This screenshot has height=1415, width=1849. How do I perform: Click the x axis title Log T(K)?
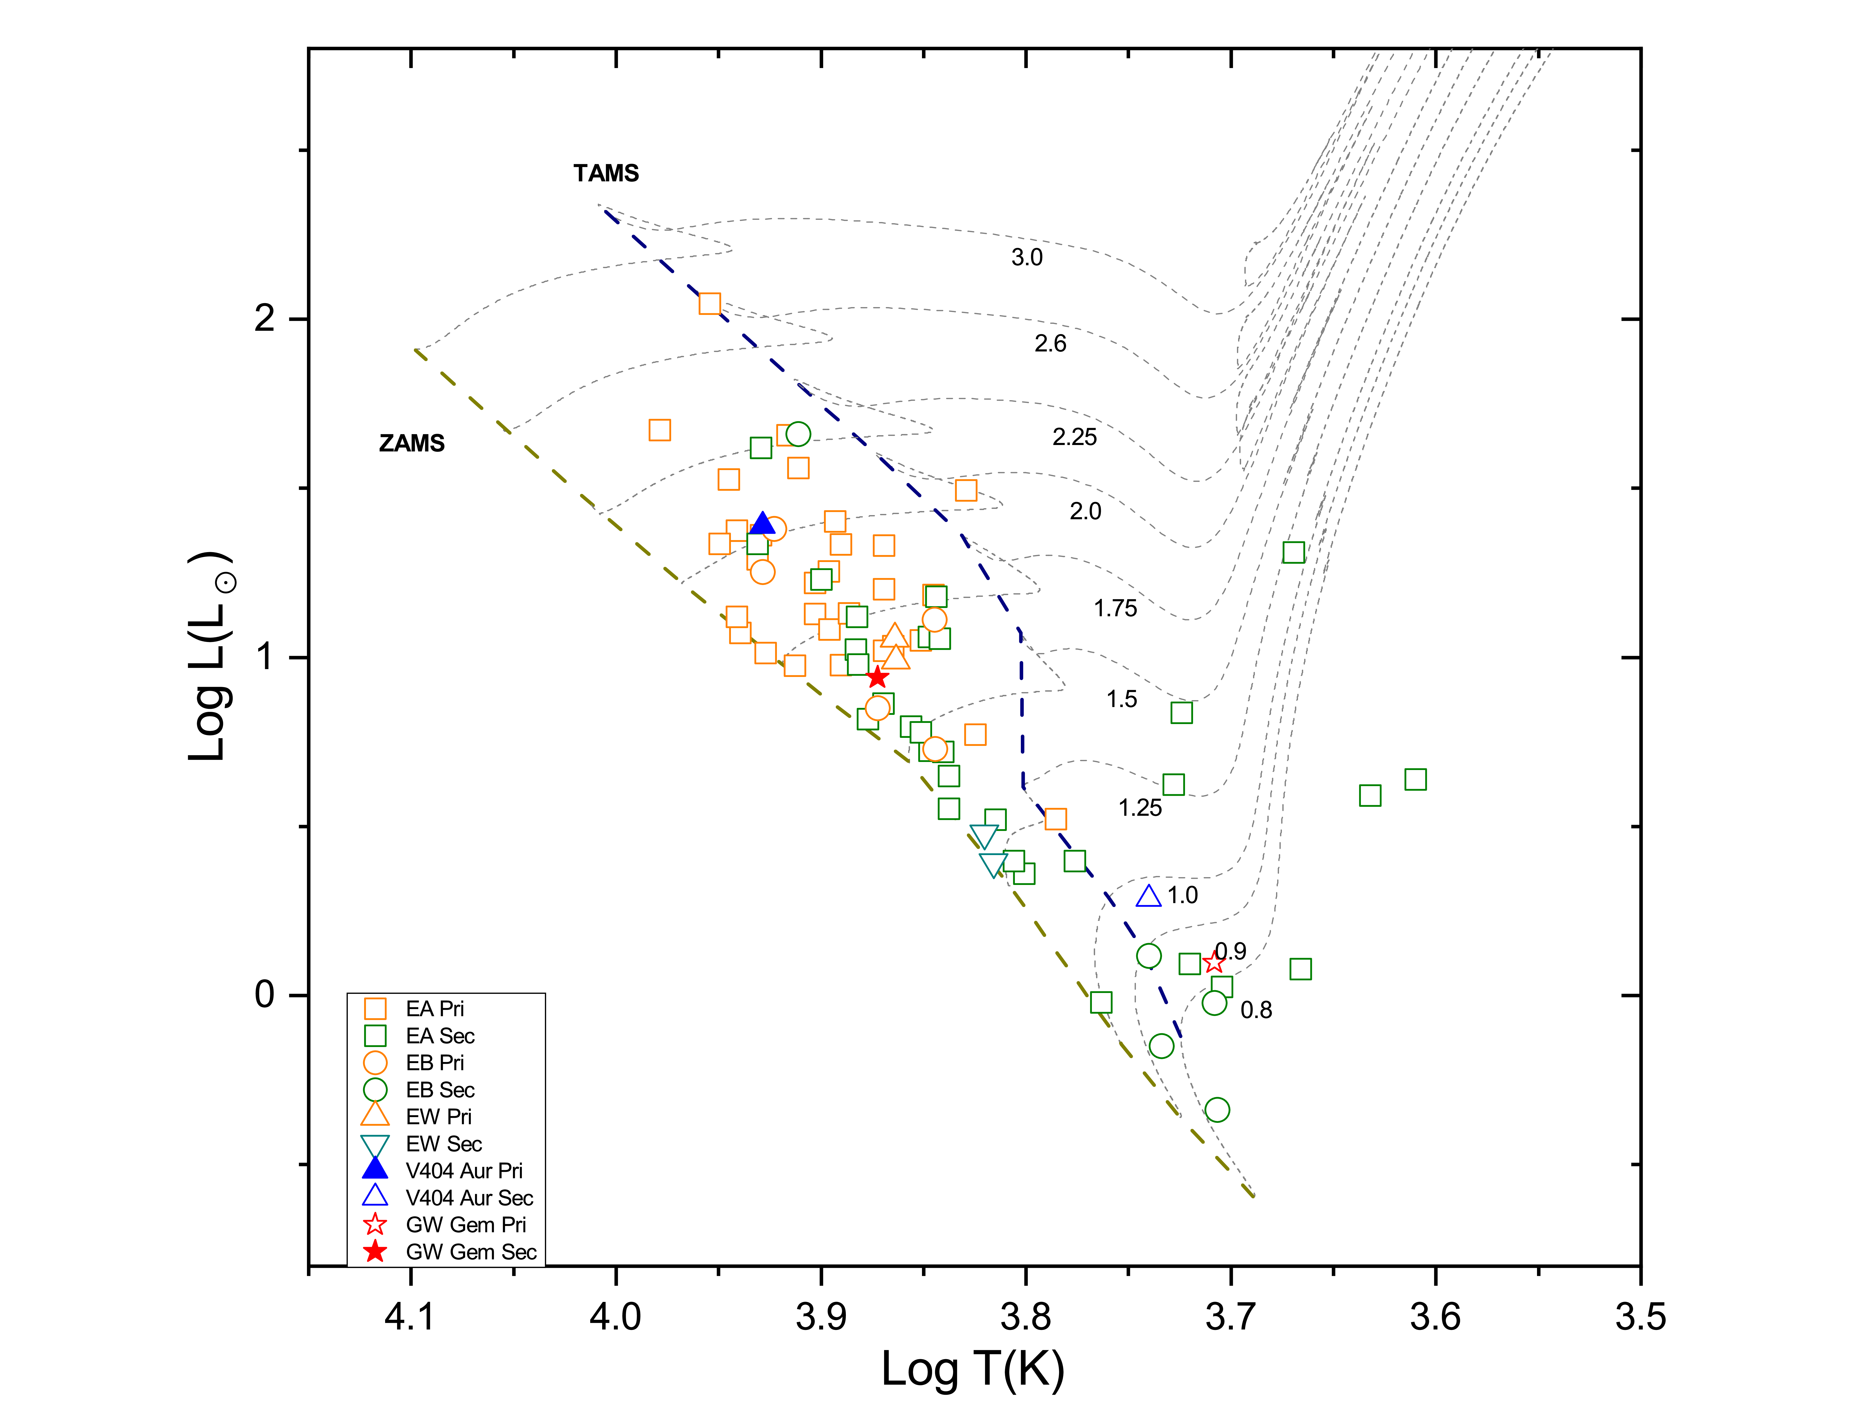[973, 1369]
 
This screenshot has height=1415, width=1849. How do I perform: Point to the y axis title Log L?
[209, 657]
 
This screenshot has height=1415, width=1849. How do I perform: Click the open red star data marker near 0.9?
[1213, 962]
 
